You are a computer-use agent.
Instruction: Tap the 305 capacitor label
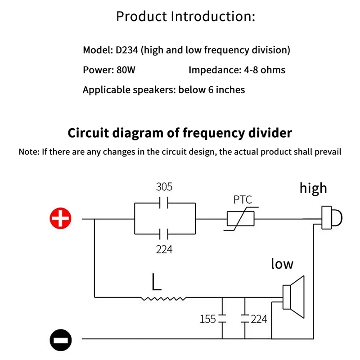point(164,187)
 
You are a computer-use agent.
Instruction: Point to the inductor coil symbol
point(163,297)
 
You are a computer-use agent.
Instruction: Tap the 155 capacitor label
point(208,319)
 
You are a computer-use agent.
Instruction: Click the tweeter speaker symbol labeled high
point(331,217)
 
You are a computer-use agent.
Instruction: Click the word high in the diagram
point(313,188)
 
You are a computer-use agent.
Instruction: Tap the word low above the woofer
point(282,264)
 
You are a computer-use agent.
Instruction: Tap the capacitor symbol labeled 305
point(164,203)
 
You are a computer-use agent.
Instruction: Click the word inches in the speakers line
point(230,90)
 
